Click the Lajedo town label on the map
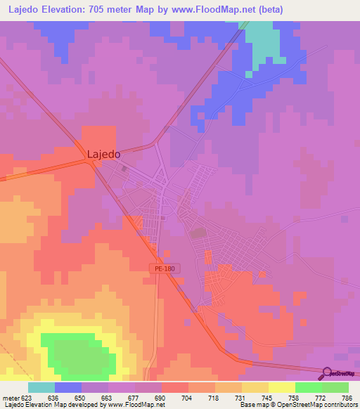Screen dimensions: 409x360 pyautogui.click(x=103, y=153)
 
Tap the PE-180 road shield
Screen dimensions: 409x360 pyautogui.click(x=164, y=268)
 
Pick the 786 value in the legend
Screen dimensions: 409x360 pyautogui.click(x=347, y=397)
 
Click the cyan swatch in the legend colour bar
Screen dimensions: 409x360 pyautogui.click(x=41, y=387)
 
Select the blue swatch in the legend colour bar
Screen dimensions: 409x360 pyautogui.click(x=68, y=387)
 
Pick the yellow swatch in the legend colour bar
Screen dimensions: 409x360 pyautogui.click(x=282, y=387)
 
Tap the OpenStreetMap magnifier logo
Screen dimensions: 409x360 pyautogui.click(x=326, y=372)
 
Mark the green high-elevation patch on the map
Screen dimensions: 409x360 pyautogui.click(x=77, y=353)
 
